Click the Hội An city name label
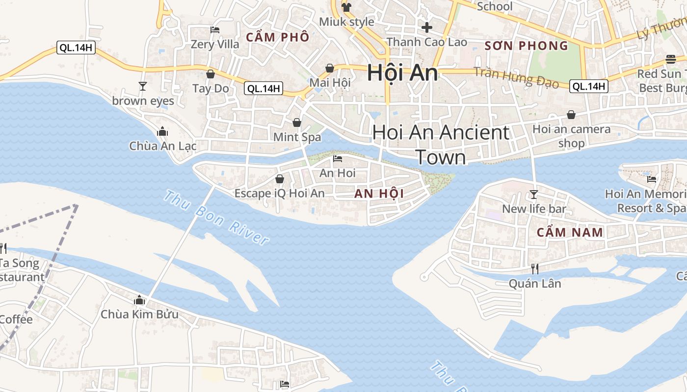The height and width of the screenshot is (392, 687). [x=402, y=73]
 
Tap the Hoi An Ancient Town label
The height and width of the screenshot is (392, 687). [x=441, y=145]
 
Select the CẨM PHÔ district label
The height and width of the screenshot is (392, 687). [x=278, y=37]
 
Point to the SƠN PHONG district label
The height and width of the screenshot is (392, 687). [x=526, y=46]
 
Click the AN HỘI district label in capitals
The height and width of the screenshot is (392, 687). [x=379, y=194]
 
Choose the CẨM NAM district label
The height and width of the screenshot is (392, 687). [x=570, y=232]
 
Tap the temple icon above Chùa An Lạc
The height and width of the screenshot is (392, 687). [x=162, y=131]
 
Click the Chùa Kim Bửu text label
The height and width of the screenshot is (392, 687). [x=139, y=314]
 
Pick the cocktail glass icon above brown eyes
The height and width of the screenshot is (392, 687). [x=143, y=86]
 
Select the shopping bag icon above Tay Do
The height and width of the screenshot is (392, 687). [x=211, y=74]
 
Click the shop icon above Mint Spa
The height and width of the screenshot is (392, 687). [x=297, y=122]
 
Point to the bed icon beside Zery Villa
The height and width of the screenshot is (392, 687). [x=214, y=30]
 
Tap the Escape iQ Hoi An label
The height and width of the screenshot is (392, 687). [x=279, y=193]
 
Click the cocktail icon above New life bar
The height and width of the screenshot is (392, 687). [x=533, y=195]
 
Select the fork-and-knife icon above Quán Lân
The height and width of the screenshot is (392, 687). [x=534, y=269]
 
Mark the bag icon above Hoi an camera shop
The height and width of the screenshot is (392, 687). [x=571, y=115]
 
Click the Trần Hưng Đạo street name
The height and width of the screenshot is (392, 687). [x=516, y=77]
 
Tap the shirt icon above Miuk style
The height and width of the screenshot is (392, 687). [x=346, y=7]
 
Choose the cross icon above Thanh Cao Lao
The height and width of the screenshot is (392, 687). [x=427, y=27]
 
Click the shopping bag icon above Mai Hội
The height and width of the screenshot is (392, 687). [x=330, y=68]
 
